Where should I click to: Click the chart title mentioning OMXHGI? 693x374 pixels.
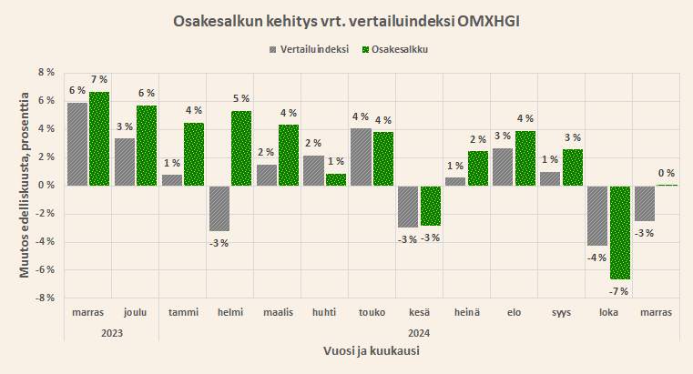point(346,21)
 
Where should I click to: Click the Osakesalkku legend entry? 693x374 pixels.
point(394,48)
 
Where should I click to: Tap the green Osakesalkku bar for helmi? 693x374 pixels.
point(240,148)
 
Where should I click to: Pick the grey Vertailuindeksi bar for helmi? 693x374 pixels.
point(219,207)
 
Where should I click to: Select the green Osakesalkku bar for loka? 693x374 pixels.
point(620,232)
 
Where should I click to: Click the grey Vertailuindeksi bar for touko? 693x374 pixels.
point(360,157)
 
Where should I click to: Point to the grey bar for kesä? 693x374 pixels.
point(407,206)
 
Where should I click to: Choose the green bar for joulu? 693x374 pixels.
point(147,146)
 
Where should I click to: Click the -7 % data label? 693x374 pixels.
point(618,290)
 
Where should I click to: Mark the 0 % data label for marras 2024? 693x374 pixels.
point(666,173)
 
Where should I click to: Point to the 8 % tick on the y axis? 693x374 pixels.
point(46,72)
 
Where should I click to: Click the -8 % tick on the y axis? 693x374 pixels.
point(45,298)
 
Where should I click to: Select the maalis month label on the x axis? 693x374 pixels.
point(277,312)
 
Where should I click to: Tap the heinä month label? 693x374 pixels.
point(466,312)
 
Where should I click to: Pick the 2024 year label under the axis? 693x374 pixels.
point(419,332)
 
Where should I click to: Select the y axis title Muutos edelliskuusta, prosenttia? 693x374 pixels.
point(25,185)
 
